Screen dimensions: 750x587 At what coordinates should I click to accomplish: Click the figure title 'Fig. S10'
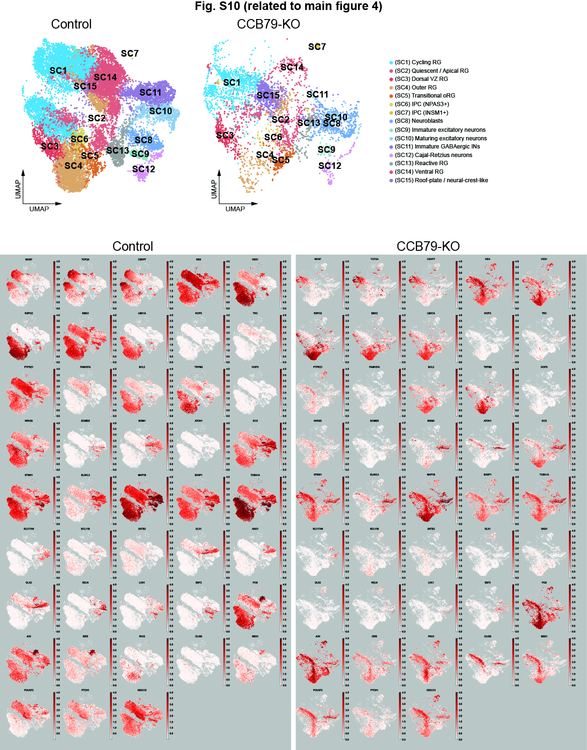pos(288,6)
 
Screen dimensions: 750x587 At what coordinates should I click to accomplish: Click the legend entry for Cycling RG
pos(418,62)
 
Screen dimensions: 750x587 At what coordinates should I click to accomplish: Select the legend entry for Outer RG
pos(415,88)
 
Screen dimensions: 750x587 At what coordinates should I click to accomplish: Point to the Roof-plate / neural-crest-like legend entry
pos(441,180)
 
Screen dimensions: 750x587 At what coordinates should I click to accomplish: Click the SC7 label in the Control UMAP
pos(129,53)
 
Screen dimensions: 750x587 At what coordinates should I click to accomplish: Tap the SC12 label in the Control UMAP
pos(143,169)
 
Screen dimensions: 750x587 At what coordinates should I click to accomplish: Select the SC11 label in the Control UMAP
pos(150,92)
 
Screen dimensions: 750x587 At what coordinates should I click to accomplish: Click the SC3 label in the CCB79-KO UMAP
pos(225,135)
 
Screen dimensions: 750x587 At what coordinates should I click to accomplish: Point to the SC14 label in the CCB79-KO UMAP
pos(292,67)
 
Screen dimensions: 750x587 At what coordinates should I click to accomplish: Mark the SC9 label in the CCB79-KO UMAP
pos(326,149)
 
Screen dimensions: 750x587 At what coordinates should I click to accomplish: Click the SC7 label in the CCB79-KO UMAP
pos(317,47)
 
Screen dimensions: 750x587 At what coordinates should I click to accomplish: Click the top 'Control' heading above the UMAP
pos(71,24)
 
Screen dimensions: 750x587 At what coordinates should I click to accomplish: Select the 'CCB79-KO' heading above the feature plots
pos(428,246)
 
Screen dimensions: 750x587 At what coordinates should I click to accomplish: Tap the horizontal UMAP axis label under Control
pos(39,209)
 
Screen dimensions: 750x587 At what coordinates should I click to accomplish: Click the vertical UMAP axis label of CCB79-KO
pos(214,189)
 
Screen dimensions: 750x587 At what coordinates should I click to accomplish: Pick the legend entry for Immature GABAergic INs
pos(437,147)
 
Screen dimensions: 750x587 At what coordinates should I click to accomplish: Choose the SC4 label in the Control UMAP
pos(73,166)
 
